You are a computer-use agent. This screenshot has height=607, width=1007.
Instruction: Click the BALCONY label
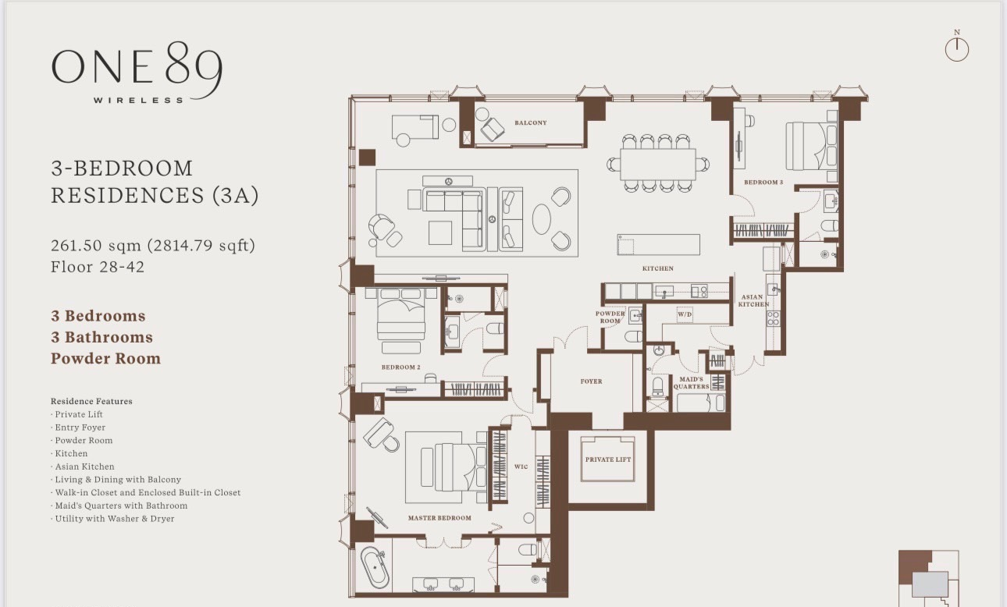[x=531, y=122]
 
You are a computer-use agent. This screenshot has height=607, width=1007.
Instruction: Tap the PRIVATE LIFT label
[x=608, y=460]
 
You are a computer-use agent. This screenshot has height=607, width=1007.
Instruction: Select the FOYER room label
[x=591, y=382]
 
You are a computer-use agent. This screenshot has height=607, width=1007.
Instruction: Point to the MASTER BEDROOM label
[x=439, y=517]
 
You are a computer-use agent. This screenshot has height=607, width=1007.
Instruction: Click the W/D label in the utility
[x=685, y=314]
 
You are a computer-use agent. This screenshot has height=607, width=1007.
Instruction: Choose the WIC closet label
[x=521, y=467]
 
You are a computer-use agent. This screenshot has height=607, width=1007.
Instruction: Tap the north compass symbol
[x=957, y=47]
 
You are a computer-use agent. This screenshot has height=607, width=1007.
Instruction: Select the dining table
[x=658, y=164]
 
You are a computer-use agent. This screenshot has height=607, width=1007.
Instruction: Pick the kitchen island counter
[x=659, y=245]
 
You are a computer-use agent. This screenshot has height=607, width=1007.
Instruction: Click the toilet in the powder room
[x=634, y=336]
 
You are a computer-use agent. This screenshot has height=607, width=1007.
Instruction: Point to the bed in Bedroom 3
[x=811, y=146]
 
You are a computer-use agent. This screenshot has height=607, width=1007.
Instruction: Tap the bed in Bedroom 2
[x=401, y=316]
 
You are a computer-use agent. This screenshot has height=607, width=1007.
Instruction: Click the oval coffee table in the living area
[x=541, y=219]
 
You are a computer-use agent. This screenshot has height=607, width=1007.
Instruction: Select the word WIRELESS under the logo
[x=138, y=100]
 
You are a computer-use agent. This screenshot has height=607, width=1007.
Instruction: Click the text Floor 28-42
[x=98, y=267]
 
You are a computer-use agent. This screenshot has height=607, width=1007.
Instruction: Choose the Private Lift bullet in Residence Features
[x=77, y=414]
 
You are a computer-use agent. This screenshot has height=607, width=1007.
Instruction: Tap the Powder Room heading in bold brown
[x=105, y=359]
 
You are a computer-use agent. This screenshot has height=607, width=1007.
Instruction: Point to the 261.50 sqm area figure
[x=96, y=245]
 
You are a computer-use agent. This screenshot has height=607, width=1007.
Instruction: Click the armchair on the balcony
[x=493, y=129]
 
